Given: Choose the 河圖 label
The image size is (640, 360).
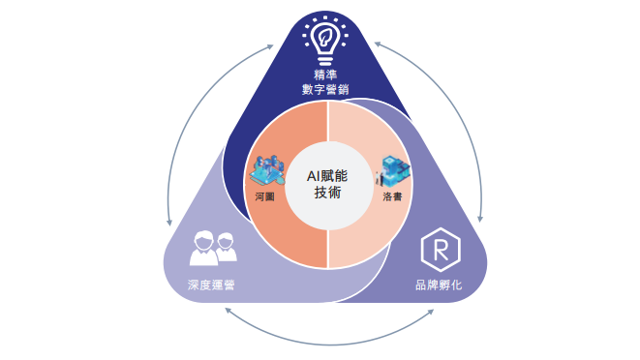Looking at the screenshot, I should pos(265,195).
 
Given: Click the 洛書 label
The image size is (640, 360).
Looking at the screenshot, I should pos(393,195).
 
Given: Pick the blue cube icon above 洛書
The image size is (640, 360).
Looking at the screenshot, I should pos(394,169).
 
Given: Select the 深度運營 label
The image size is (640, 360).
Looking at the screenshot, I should pos(212,285).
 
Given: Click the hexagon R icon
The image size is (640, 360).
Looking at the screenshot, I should pos(441,249).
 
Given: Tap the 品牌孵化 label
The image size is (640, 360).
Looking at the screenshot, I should pos(438,285).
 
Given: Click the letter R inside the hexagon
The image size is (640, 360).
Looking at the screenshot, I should pos(441,250).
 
